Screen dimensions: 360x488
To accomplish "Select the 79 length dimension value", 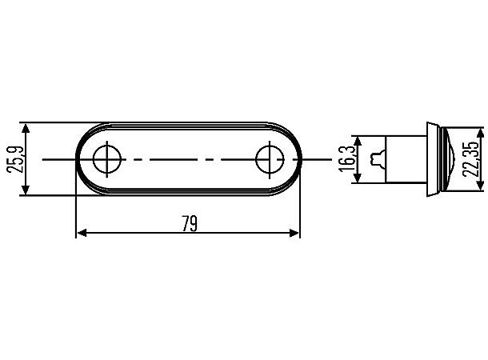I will coord(189,223).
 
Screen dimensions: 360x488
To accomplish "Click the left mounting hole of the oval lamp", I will coord(106,159).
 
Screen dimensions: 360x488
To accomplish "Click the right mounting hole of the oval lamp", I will coord(269,159).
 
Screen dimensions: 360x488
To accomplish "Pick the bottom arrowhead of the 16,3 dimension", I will coord(358,179).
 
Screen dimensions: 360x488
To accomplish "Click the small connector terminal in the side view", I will coord(378,159).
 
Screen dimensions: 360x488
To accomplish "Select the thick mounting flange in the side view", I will coord(432,159).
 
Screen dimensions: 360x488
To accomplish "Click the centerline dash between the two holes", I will coord(187,159).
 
